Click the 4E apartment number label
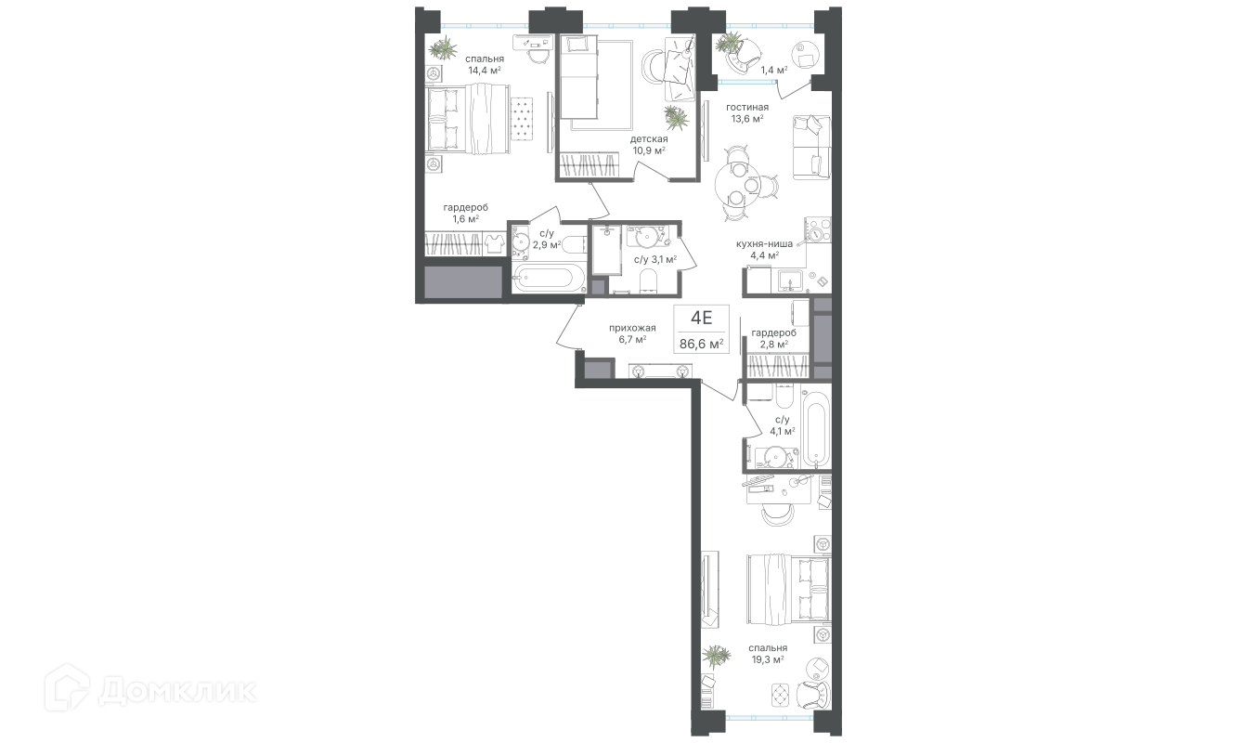(x=701, y=319)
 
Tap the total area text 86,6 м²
(x=702, y=344)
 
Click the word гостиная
(x=747, y=107)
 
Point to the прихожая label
(x=632, y=328)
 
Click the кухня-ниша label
(x=764, y=243)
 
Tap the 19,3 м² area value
(x=768, y=660)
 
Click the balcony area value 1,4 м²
(x=774, y=71)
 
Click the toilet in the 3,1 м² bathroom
(x=648, y=280)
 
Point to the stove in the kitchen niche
(x=818, y=230)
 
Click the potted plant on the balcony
(x=730, y=42)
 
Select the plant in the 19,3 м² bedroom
(x=717, y=656)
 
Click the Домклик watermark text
(x=177, y=691)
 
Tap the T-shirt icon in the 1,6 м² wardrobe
(x=495, y=243)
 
